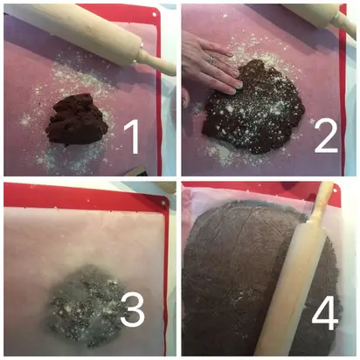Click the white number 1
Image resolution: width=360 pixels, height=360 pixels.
(x=132, y=137)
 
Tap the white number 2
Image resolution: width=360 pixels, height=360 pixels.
(x=326, y=136)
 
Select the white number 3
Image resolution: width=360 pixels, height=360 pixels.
(x=133, y=309)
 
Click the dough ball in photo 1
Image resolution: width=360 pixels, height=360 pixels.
(x=78, y=120)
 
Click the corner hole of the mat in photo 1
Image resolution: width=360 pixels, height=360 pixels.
(x=155, y=14)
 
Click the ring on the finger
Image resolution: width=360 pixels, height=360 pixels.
(x=211, y=59)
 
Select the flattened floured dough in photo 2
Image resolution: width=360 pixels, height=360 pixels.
(x=253, y=107)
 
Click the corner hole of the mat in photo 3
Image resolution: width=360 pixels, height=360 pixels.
(x=163, y=204)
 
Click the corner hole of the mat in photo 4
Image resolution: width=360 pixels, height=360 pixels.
(x=336, y=190)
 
